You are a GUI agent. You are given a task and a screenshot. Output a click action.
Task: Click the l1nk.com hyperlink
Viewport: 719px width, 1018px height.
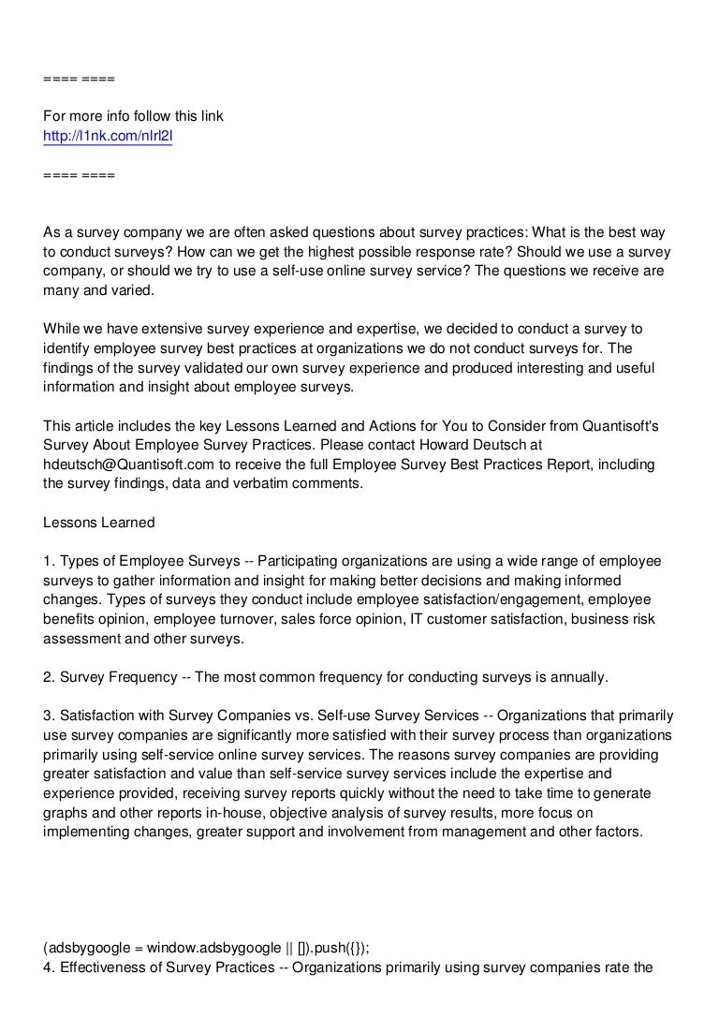[109, 137]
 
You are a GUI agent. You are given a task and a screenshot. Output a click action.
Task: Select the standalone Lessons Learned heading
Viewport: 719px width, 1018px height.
[99, 522]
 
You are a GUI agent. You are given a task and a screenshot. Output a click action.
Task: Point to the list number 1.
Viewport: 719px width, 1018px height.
[49, 560]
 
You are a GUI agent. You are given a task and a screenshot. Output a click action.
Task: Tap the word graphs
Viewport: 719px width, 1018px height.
[66, 812]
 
